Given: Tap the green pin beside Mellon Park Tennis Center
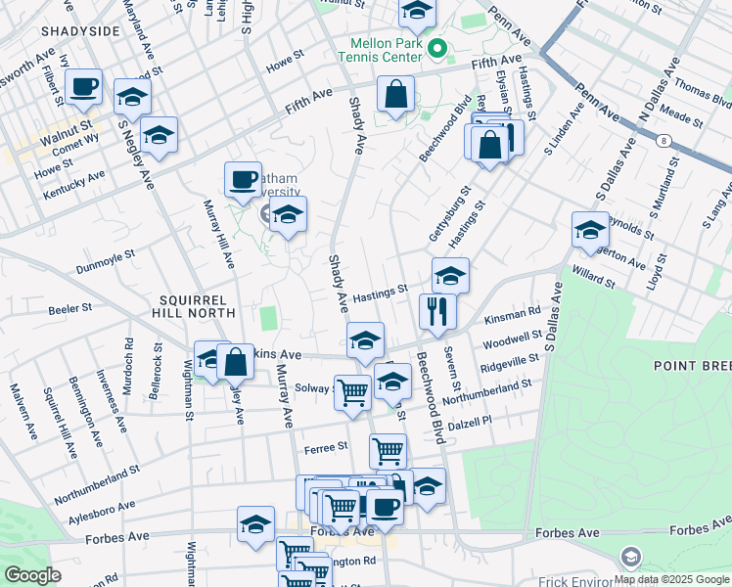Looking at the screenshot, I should pos(437,47).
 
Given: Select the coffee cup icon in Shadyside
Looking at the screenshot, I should pos(84,86).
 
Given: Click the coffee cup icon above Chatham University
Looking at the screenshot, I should pos(243,178).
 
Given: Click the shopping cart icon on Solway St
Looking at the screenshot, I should pos(352,391).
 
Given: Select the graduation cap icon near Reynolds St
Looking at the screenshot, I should pos(590,229).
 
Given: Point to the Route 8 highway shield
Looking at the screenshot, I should pos(664,141).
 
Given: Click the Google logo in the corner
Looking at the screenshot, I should pos(33,575).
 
